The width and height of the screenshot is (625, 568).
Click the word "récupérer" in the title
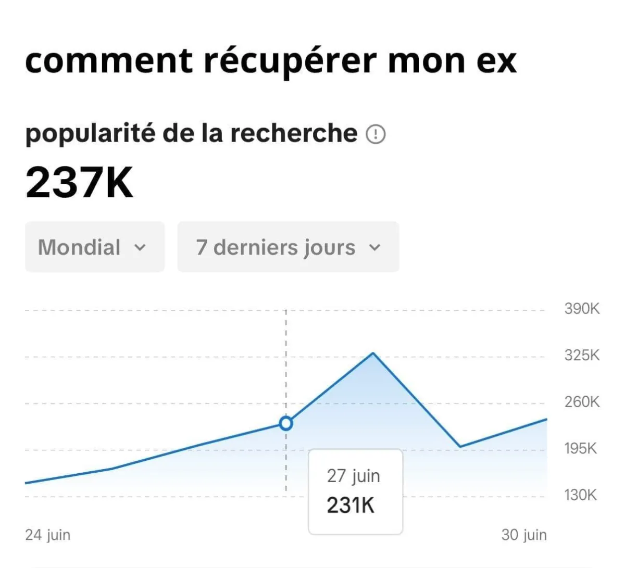(x=289, y=61)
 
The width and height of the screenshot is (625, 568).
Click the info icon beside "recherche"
(x=376, y=135)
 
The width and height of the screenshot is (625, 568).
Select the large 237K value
(x=79, y=183)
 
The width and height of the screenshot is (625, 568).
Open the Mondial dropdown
(x=94, y=247)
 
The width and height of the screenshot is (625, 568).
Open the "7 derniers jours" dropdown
(x=288, y=247)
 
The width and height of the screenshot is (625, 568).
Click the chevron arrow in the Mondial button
(x=140, y=248)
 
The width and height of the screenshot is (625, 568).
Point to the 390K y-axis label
(x=582, y=308)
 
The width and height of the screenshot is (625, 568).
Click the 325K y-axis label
(x=582, y=355)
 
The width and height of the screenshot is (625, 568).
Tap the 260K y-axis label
(x=582, y=402)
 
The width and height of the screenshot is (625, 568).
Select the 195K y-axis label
(x=580, y=448)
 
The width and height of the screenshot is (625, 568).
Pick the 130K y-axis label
(x=580, y=495)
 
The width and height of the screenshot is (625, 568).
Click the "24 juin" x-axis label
(x=48, y=535)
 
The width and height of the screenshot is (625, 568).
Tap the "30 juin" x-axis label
(x=524, y=535)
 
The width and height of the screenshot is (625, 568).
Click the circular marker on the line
(x=286, y=423)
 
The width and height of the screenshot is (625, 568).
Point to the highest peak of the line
(x=373, y=354)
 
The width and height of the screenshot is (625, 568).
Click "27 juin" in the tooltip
(x=354, y=476)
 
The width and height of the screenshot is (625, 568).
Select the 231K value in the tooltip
(x=351, y=505)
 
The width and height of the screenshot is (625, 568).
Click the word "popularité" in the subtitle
(x=90, y=134)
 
